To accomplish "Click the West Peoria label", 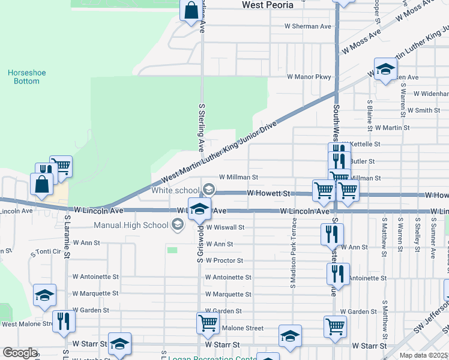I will click(268, 5).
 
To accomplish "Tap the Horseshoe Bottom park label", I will click(27, 77).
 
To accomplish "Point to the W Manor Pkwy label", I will click(309, 77).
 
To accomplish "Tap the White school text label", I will click(175, 190).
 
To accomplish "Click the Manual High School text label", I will click(131, 226).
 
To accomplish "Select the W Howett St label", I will click(269, 194).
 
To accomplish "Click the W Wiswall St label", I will click(225, 227).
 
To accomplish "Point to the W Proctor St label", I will click(224, 261).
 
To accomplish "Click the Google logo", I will click(20, 353).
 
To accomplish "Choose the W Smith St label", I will click(423, 110).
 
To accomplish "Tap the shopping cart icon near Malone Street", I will click(208, 323).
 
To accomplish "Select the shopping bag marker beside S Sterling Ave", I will click(191, 11).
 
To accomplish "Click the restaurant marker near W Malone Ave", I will click(62, 321).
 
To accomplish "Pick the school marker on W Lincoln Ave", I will click(200, 209).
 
